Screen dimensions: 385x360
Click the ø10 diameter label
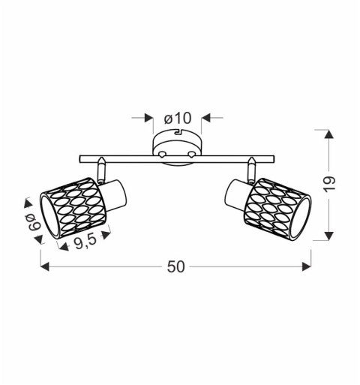pyautogui.click(x=178, y=118)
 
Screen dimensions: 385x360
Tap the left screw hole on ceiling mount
pyautogui.click(x=161, y=154)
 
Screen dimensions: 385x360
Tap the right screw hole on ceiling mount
pyautogui.click(x=193, y=154)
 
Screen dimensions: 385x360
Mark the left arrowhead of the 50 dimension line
pyautogui.click(x=44, y=266)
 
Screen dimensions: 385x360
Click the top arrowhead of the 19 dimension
pyautogui.click(x=328, y=134)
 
